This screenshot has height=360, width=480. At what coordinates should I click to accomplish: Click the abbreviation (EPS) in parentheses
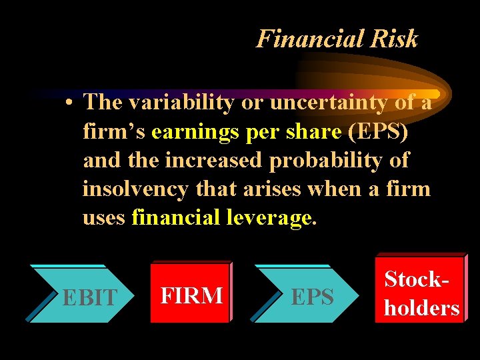(x=378, y=131)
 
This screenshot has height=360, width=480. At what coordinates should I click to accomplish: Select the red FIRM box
(x=191, y=294)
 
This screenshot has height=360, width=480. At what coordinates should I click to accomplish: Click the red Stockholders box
(x=420, y=293)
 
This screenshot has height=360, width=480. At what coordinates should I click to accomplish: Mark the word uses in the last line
(x=104, y=217)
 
